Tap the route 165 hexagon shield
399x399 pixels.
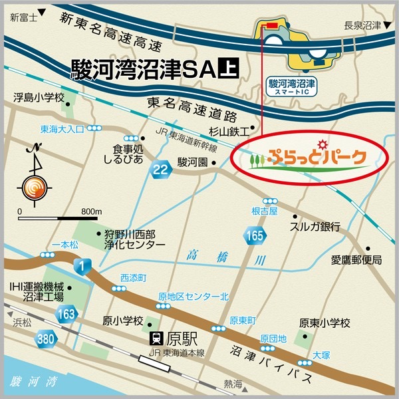254,235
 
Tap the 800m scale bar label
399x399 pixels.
90,211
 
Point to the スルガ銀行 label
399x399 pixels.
315,226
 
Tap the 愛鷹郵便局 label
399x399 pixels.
357,259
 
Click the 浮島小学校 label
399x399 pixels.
39,98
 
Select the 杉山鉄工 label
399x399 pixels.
231,131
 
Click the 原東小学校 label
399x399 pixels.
325,323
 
